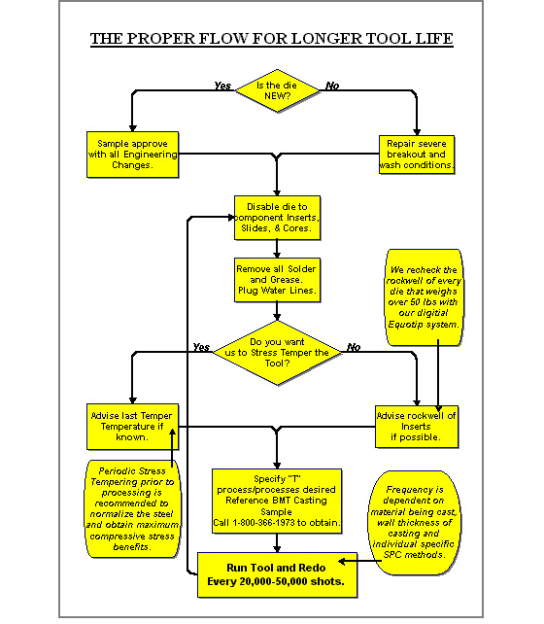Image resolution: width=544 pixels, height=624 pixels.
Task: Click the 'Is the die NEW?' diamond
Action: pos(277,90)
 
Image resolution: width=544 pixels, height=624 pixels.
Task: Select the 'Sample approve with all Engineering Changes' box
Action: pos(132,155)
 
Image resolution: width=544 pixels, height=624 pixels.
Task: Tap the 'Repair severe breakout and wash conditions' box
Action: pos(417,155)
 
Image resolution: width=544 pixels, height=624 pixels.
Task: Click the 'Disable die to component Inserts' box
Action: pos(277,218)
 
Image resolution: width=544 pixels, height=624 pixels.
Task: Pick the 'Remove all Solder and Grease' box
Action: pos(277,280)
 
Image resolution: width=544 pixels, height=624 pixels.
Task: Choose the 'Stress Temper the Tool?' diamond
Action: pos(277,353)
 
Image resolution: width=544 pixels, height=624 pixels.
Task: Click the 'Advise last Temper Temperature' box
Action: pos(132,427)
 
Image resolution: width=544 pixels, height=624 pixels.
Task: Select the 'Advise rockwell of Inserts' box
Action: pos(417,427)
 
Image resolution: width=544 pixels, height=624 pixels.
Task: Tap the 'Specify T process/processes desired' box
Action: pos(277,501)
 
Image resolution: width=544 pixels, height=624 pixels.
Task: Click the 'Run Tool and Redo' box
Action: pos(277,574)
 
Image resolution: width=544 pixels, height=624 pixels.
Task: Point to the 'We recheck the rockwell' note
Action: pos(424,297)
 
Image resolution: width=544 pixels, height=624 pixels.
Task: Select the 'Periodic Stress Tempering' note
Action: pos(132,509)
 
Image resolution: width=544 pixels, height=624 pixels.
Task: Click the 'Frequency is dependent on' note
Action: pos(415,523)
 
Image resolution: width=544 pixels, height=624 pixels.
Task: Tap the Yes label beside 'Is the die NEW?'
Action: pos(222,86)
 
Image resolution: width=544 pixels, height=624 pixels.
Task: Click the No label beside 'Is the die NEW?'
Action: pos(332,86)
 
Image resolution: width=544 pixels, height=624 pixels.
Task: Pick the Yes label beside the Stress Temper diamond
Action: pos(201,347)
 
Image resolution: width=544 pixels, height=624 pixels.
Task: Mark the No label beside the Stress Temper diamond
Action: pos(354,347)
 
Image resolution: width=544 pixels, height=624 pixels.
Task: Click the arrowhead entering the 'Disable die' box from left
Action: pos(231,218)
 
